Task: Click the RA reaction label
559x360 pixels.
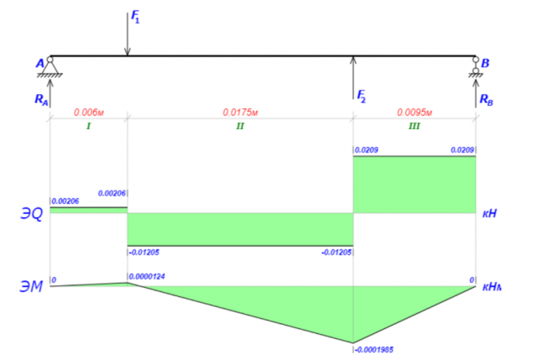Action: [x=41, y=98]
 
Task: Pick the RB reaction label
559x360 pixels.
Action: [x=486, y=98]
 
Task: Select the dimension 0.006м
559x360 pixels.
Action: [x=88, y=112]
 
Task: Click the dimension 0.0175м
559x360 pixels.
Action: [x=239, y=112]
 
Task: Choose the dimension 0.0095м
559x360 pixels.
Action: [x=414, y=112]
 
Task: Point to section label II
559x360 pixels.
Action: [x=239, y=127]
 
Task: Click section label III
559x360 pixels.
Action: [x=414, y=127]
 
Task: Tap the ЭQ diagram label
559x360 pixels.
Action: [x=31, y=214]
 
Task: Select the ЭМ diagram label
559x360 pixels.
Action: [x=31, y=286]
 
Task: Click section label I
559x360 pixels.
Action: [x=88, y=127]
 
